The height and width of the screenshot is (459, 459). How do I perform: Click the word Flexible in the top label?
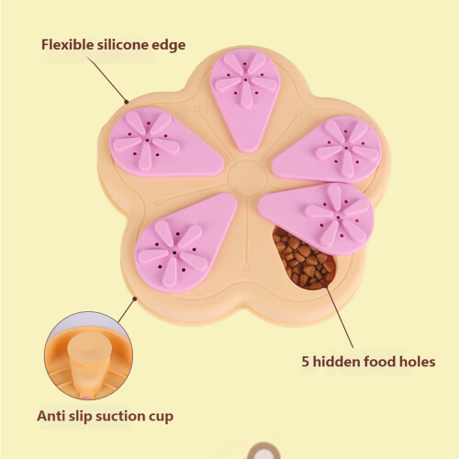(68, 45)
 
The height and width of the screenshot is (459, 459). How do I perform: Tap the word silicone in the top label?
(123, 45)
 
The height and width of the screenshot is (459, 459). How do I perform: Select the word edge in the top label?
(169, 46)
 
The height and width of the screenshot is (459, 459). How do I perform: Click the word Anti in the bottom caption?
(50, 416)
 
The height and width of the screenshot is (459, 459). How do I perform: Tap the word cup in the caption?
(161, 418)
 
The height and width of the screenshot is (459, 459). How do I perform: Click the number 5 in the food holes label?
(306, 362)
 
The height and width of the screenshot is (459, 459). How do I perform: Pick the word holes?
(418, 362)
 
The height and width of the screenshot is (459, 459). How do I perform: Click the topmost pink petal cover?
(246, 97)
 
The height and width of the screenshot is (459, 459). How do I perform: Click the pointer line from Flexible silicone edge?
(107, 80)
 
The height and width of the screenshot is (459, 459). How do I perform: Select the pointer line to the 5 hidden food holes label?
(339, 316)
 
